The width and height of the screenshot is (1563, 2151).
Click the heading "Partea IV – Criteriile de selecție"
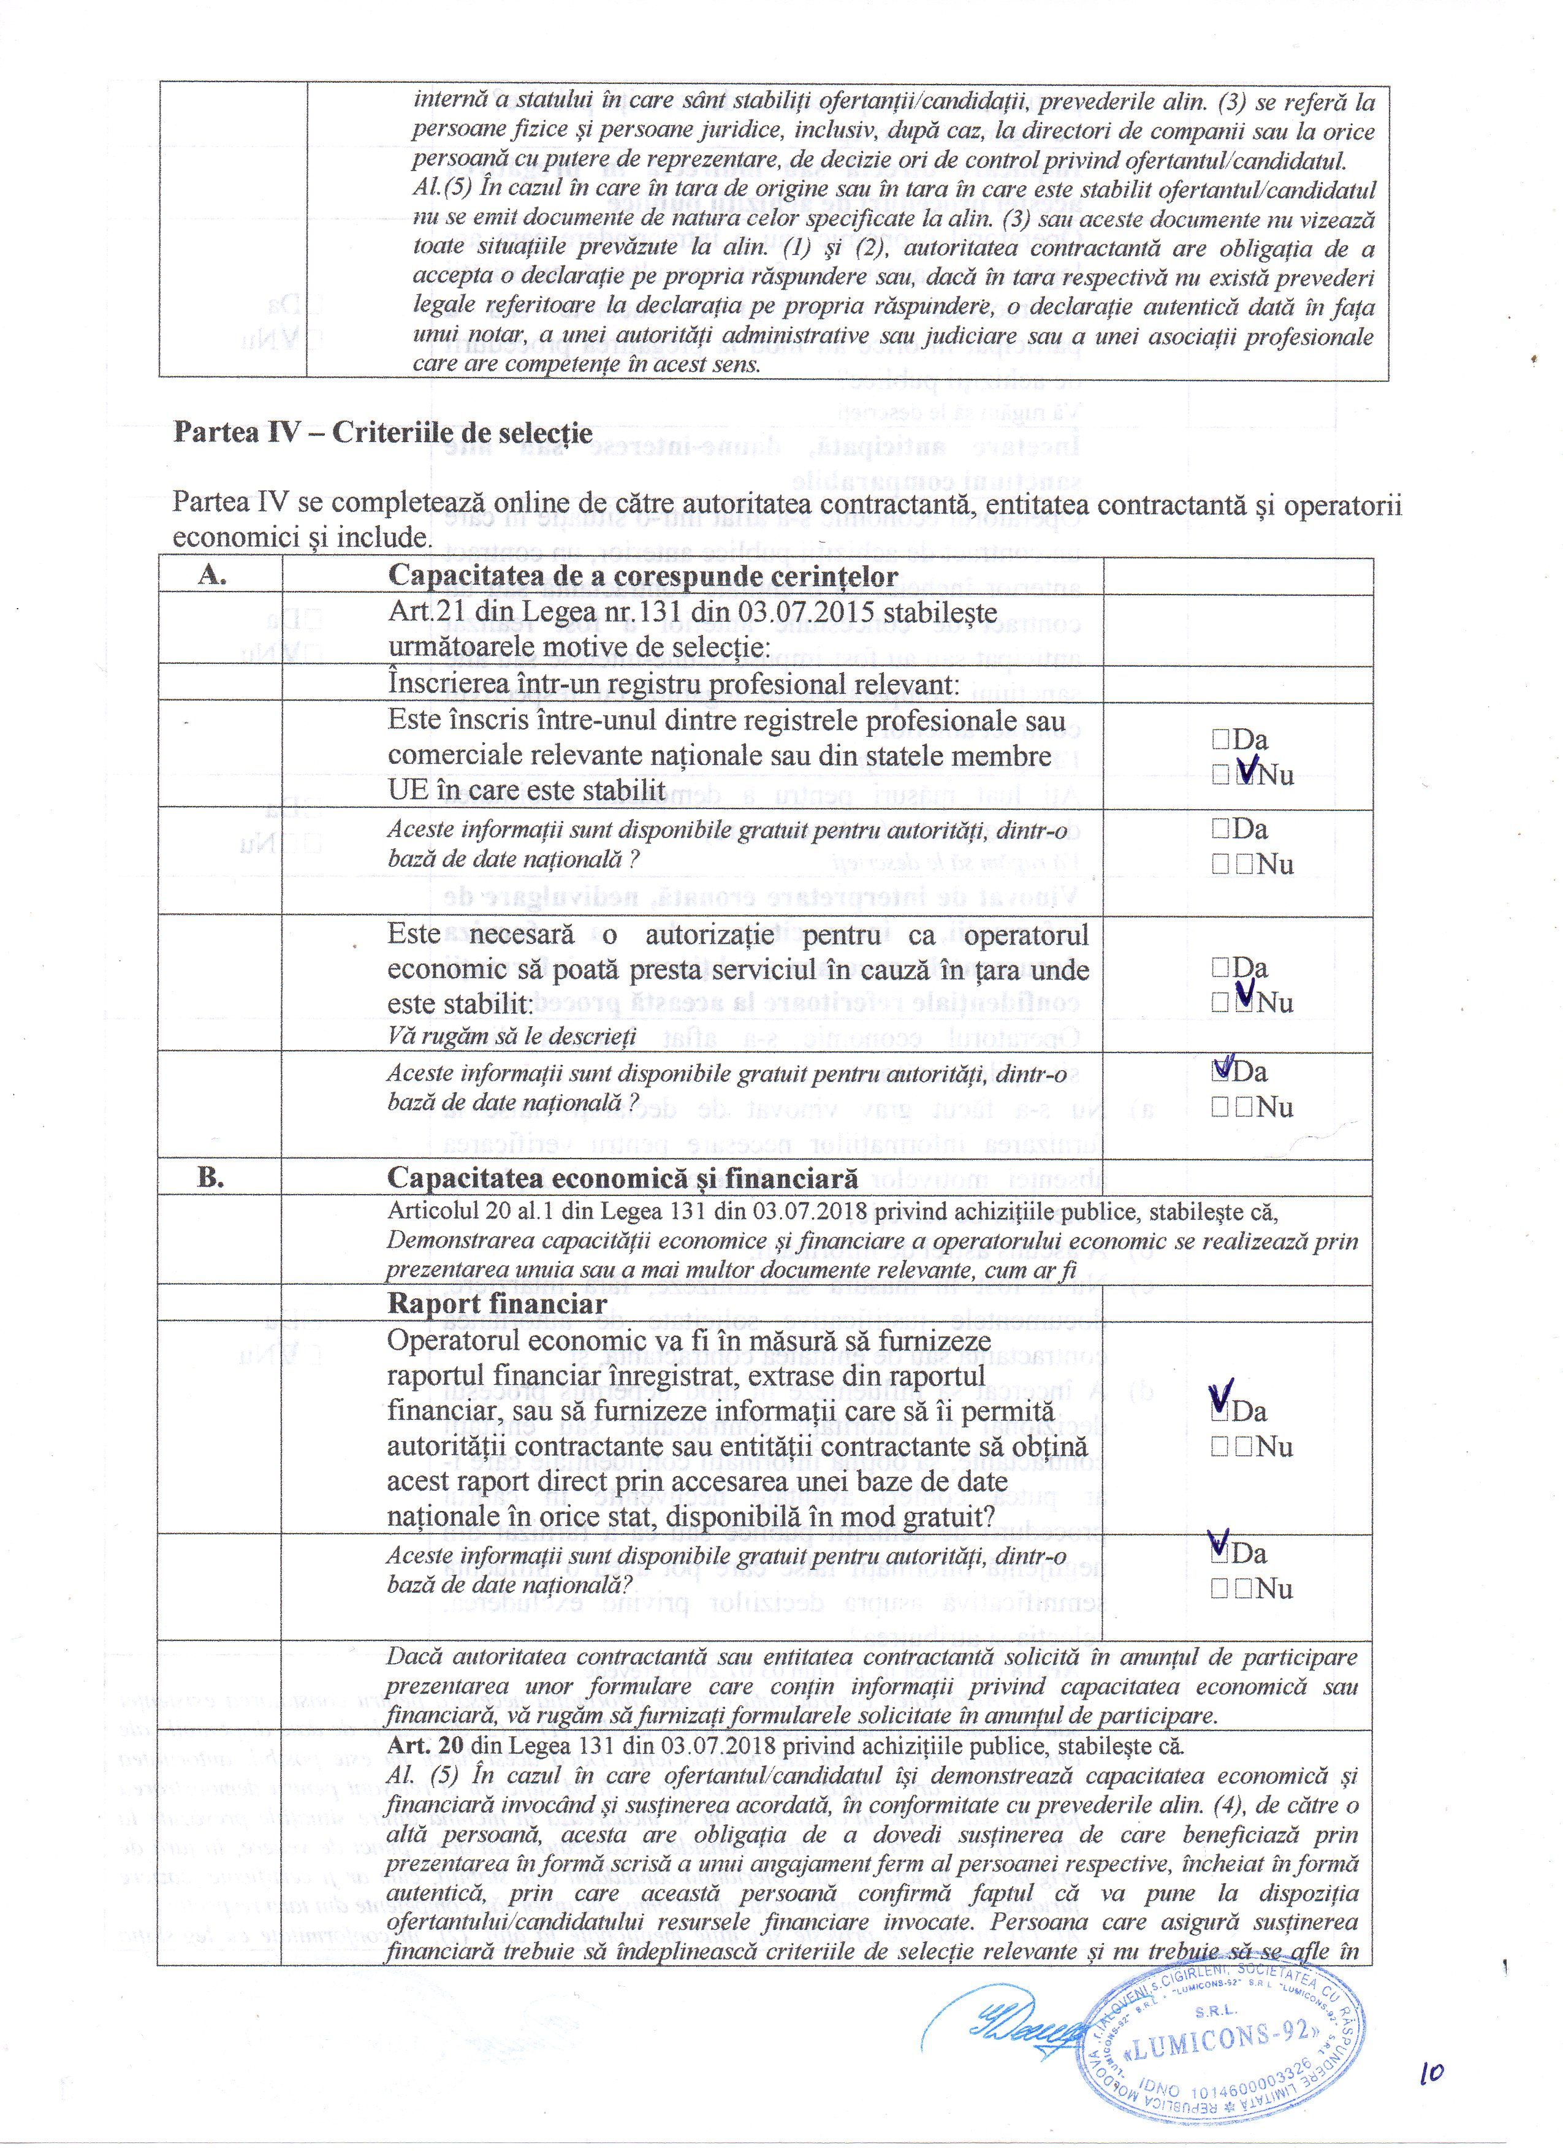[382, 433]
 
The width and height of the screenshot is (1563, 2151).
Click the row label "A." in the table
[213, 575]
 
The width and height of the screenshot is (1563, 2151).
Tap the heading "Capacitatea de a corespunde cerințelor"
[642, 577]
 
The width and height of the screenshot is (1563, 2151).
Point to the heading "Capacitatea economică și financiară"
[622, 1178]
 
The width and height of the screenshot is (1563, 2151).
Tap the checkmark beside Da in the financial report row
[1222, 1398]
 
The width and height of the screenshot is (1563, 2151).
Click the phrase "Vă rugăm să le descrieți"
[511, 1036]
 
